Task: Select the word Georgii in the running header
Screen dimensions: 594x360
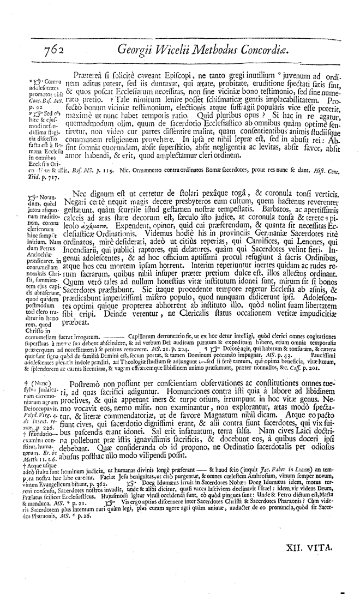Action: tap(139, 51)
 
